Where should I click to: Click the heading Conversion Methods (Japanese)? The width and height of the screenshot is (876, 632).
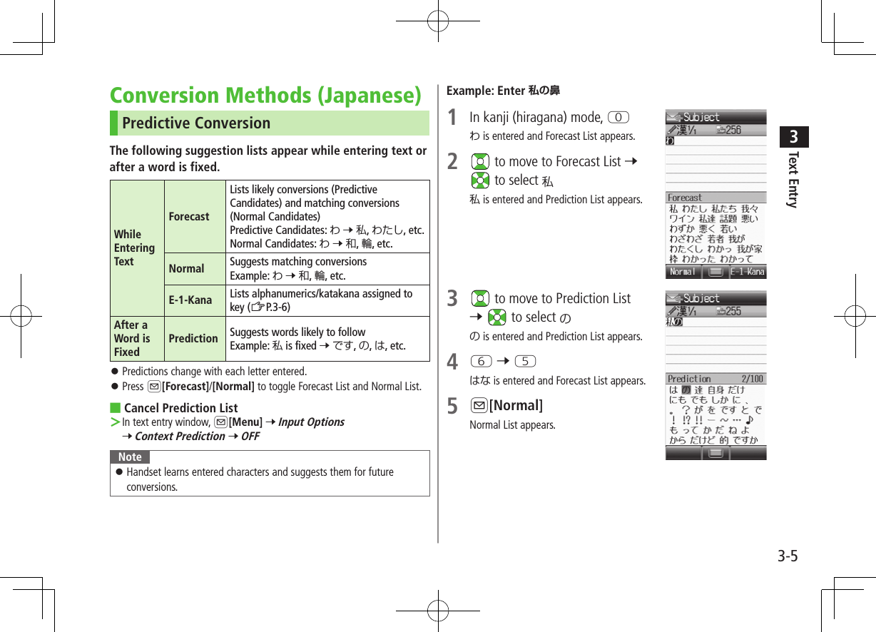pyautogui.click(x=265, y=95)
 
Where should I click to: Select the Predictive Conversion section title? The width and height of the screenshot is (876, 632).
pyautogui.click(x=196, y=123)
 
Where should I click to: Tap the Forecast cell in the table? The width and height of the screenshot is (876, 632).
pyautogui.click(x=189, y=216)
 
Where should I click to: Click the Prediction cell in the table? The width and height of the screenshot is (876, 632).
pyautogui.click(x=193, y=338)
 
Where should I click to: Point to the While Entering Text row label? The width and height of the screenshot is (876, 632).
pyautogui.click(x=134, y=248)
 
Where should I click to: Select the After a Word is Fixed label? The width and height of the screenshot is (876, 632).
pyautogui.click(x=132, y=338)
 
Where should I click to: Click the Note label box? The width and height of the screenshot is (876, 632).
pyautogui.click(x=130, y=457)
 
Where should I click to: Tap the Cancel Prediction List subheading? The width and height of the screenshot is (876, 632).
pyautogui.click(x=180, y=408)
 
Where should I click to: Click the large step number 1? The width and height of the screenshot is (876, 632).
pyautogui.click(x=452, y=118)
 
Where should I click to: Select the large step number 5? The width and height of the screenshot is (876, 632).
pyautogui.click(x=452, y=407)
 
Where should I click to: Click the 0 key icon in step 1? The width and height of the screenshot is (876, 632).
pyautogui.click(x=619, y=117)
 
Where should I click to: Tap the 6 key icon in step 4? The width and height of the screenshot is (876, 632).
pyautogui.click(x=481, y=362)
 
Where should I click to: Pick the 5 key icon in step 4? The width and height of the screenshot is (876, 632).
pyautogui.click(x=525, y=362)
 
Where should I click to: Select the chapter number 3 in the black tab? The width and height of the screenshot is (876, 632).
pyautogui.click(x=794, y=136)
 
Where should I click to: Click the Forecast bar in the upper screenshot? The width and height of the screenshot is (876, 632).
pyautogui.click(x=715, y=198)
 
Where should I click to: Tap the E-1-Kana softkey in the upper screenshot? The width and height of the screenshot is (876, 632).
pyautogui.click(x=747, y=272)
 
